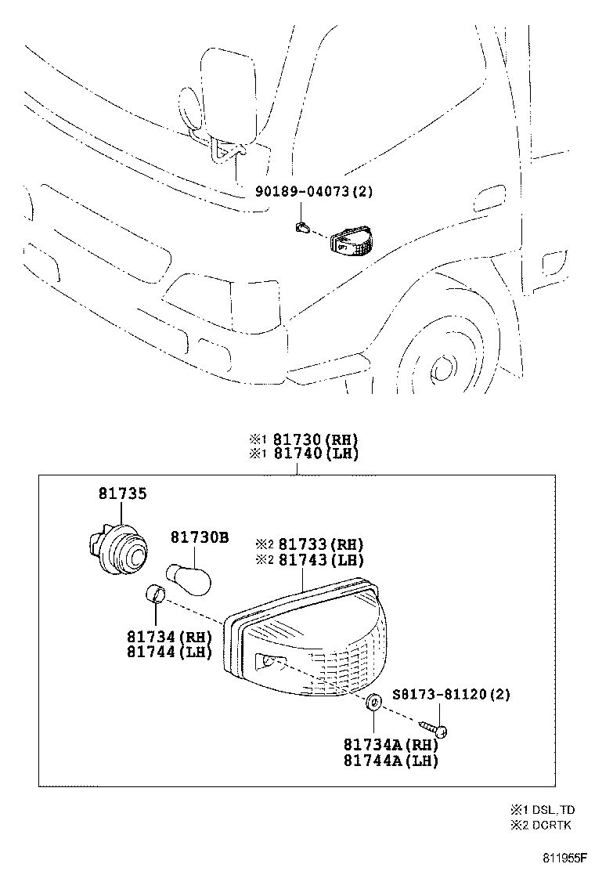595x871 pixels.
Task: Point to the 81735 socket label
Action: pyautogui.click(x=122, y=493)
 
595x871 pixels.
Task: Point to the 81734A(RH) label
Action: pyautogui.click(x=389, y=745)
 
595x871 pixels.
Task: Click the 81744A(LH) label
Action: pyautogui.click(x=389, y=760)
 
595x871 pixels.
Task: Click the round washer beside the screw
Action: pyautogui.click(x=373, y=701)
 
